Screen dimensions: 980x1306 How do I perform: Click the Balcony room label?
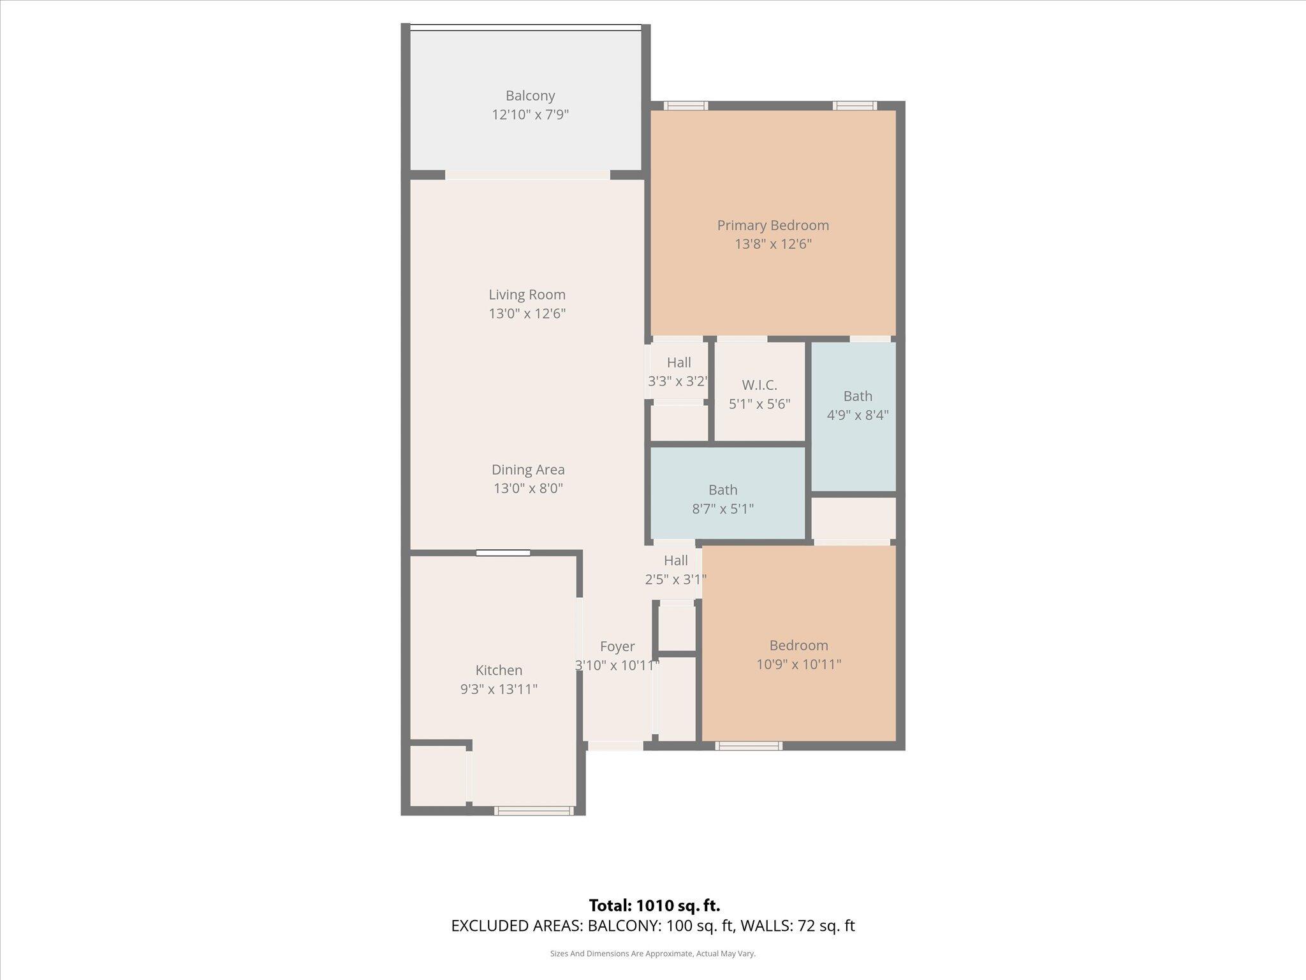pos(530,96)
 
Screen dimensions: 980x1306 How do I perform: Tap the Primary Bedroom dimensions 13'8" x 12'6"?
pos(773,244)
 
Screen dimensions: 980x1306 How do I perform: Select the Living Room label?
pos(527,295)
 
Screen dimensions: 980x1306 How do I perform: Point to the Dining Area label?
pos(528,470)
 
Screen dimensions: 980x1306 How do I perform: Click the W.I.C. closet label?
pos(759,385)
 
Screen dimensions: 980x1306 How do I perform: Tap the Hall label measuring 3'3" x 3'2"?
pos(679,362)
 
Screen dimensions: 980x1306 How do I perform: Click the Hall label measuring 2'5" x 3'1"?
pos(675,560)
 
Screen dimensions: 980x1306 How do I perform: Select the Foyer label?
pos(617,646)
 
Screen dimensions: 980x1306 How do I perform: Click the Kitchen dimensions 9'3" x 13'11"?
pos(499,689)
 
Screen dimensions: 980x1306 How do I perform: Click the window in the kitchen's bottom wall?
pos(534,811)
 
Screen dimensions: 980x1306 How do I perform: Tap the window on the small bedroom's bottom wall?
pos(749,745)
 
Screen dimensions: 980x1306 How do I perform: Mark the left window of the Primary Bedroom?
pos(686,106)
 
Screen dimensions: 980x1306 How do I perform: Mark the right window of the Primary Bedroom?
pos(855,106)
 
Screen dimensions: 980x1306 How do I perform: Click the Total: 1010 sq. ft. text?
pos(654,905)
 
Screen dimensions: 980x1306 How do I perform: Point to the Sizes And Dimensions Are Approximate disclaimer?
pos(652,954)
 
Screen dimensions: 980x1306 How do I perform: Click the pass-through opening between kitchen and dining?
pos(503,553)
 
